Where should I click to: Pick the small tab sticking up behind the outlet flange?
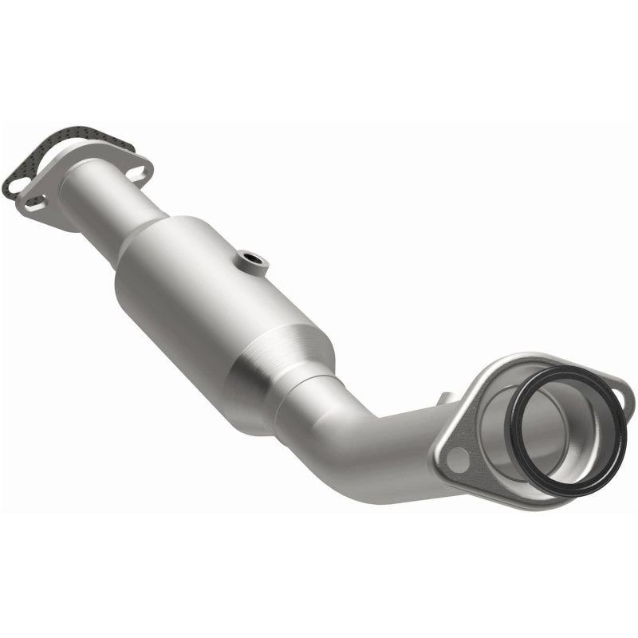click(444, 397)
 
